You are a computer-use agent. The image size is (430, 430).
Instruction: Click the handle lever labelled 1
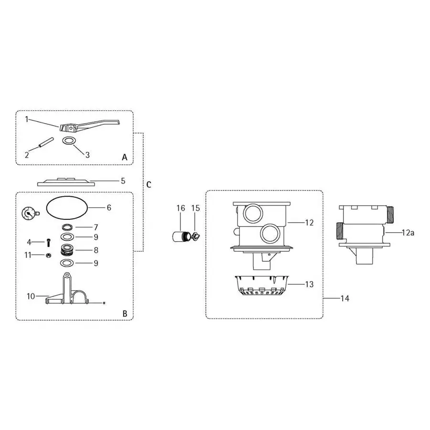(86, 126)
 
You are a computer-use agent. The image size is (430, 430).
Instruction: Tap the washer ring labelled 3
(70, 141)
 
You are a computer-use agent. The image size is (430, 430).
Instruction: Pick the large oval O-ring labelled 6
(66, 208)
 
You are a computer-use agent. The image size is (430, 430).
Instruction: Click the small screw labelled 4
(49, 243)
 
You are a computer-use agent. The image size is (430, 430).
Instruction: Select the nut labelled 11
(49, 256)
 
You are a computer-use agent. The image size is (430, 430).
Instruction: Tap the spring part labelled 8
(67, 249)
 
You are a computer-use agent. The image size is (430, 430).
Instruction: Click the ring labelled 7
(67, 226)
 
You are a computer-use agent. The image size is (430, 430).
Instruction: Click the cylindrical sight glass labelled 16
(180, 237)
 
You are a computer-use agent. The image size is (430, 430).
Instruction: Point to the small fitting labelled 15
(196, 235)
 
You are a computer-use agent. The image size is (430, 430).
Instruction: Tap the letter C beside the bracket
(149, 184)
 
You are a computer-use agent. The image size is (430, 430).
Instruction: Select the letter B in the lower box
(124, 314)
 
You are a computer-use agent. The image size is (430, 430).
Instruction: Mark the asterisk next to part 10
(104, 303)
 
